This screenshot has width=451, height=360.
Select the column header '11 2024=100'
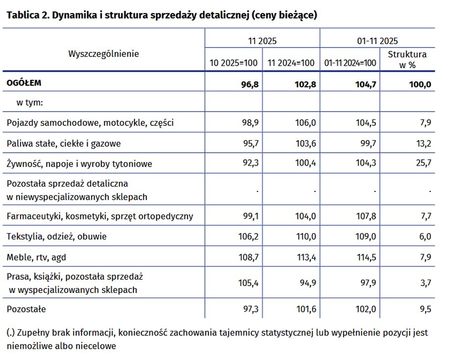pyautogui.click(x=291, y=63)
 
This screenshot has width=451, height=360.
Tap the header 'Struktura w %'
pyautogui.click(x=407, y=59)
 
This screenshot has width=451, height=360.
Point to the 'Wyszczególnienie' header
pyautogui.click(x=103, y=53)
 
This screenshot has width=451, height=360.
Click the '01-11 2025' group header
pyautogui.click(x=378, y=41)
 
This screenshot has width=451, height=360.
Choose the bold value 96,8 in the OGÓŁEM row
pyautogui.click(x=250, y=84)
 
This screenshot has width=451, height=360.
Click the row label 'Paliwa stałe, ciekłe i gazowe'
pyautogui.click(x=64, y=144)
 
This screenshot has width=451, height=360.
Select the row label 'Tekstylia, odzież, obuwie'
pyautogui.click(x=56, y=237)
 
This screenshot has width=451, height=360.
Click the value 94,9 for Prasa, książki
pyautogui.click(x=307, y=283)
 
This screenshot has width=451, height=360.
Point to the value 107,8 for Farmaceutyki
pyautogui.click(x=366, y=216)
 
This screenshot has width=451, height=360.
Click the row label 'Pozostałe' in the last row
pyautogui.click(x=26, y=309)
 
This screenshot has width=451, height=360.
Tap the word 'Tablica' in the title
pyautogui.click(x=22, y=15)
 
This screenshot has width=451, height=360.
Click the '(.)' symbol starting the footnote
pyautogui.click(x=11, y=333)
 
